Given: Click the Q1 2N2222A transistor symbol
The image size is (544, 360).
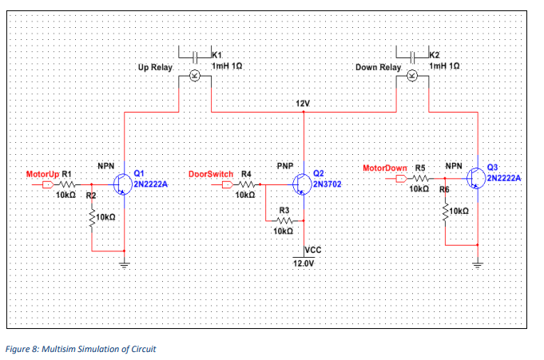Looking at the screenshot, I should coord(123,183).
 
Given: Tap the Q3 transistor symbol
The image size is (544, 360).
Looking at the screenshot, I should coord(476,177).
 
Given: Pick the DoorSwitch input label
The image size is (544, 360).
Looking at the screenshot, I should coord(211,173).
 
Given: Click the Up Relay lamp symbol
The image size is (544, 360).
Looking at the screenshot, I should coord(193,76).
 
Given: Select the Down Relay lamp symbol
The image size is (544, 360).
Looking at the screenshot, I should coord(412,76).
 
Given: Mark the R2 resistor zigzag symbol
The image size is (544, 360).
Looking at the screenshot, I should coord(93,216).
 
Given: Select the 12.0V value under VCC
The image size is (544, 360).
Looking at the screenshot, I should coord(304,263).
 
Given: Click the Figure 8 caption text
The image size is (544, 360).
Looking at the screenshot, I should coord(81,349).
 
